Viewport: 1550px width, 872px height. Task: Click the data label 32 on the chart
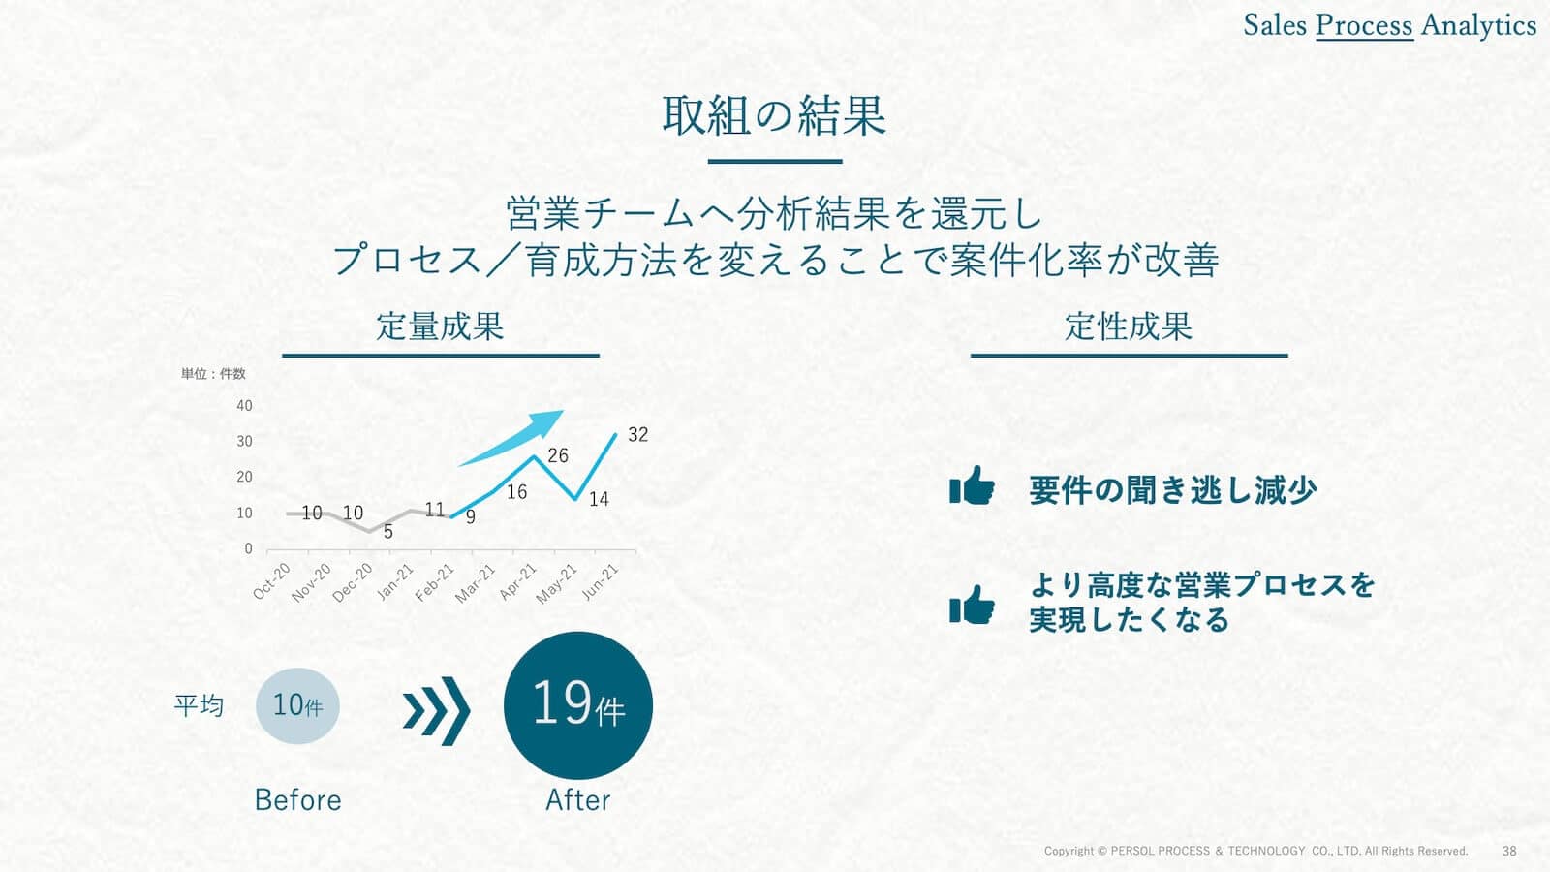pyautogui.click(x=638, y=435)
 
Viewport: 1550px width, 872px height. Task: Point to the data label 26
pyautogui.click(x=558, y=455)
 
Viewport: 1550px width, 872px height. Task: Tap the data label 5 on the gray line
pyautogui.click(x=388, y=532)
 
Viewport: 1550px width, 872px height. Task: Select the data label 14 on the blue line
pyautogui.click(x=599, y=499)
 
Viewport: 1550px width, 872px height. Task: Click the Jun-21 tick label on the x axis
pyautogui.click(x=600, y=582)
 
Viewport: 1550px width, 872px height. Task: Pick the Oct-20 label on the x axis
pyautogui.click(x=271, y=581)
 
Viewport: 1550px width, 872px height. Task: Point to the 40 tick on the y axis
pyautogui.click(x=244, y=406)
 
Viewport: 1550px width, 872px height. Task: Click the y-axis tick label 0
pyautogui.click(x=248, y=548)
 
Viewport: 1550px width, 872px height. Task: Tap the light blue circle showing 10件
pyautogui.click(x=297, y=706)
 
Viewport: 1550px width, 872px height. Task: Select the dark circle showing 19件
pyautogui.click(x=577, y=705)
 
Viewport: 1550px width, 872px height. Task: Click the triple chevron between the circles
pyautogui.click(x=437, y=711)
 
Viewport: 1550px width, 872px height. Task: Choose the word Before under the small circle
pyautogui.click(x=297, y=800)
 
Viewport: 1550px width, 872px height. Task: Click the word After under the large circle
pyautogui.click(x=577, y=800)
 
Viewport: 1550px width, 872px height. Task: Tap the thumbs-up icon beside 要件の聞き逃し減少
pyautogui.click(x=973, y=484)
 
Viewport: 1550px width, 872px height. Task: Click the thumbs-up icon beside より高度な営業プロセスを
pyautogui.click(x=973, y=605)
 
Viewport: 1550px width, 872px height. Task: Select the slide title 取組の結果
pyautogui.click(x=774, y=115)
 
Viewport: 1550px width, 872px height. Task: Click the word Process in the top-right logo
pyautogui.click(x=1364, y=25)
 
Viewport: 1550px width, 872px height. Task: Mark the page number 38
pyautogui.click(x=1509, y=851)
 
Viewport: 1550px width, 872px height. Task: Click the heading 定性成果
pyautogui.click(x=1129, y=327)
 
